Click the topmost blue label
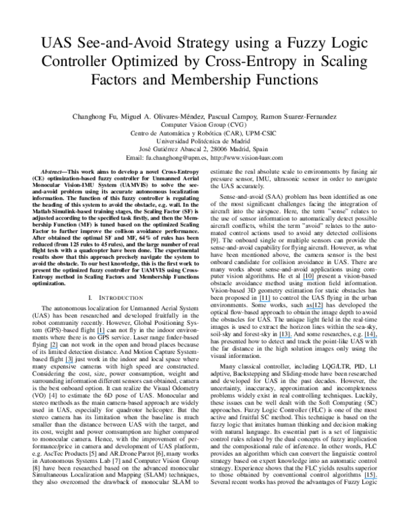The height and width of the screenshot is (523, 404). [308, 280]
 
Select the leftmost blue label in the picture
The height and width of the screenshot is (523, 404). [54, 348]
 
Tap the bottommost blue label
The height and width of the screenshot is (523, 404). [370, 479]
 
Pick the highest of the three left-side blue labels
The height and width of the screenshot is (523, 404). [101, 333]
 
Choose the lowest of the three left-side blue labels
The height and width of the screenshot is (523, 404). [69, 363]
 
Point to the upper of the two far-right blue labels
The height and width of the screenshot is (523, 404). [370, 338]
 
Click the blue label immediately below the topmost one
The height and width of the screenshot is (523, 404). [265, 301]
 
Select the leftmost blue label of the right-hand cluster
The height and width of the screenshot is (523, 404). [265, 301]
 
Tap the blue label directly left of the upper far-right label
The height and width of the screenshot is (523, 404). [285, 338]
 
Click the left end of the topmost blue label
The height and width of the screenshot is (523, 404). [302, 280]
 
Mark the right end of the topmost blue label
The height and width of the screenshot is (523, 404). [314, 280]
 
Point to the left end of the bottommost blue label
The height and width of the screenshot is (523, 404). [365, 479]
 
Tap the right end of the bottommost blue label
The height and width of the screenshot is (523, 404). [377, 479]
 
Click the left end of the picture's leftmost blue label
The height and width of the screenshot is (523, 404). [50, 348]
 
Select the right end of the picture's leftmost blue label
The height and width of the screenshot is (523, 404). [58, 348]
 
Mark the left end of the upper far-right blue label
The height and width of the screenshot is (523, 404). [365, 338]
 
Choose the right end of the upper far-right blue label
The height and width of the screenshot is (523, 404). [377, 338]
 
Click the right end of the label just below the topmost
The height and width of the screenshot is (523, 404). [271, 301]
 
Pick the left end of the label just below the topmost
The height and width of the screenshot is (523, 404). [259, 301]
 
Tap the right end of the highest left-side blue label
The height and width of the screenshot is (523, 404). [106, 333]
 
